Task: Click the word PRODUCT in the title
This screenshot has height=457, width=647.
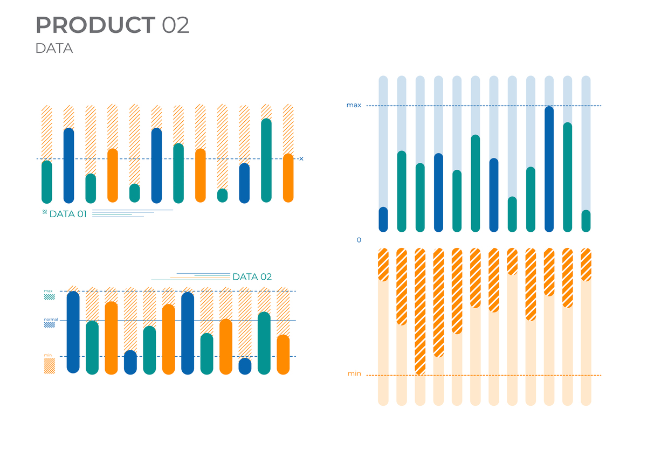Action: [95, 25]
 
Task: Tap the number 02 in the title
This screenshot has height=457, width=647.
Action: [175, 25]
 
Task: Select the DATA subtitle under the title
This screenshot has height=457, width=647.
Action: [54, 49]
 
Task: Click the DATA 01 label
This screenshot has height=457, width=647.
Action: [68, 214]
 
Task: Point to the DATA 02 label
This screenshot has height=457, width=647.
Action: [252, 277]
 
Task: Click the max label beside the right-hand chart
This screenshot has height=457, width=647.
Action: [354, 105]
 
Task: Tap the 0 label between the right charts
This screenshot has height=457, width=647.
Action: [359, 240]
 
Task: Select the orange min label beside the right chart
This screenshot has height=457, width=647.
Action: [354, 373]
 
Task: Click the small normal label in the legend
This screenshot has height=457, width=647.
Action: [51, 320]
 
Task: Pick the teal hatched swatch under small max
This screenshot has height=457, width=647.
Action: [50, 296]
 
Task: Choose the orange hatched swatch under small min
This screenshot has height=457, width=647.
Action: [50, 366]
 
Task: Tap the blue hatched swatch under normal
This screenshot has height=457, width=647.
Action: [50, 326]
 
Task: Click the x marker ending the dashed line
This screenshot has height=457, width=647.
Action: [301, 158]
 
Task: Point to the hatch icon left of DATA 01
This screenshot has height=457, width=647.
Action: [45, 213]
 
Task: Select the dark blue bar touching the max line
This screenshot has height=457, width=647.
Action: [549, 169]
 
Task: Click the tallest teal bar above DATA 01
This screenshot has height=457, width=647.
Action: [266, 160]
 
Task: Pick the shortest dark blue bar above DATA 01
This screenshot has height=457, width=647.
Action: [244, 183]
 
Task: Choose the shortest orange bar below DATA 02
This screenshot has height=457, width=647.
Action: [283, 354]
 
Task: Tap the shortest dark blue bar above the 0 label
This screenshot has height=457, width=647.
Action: [383, 219]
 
